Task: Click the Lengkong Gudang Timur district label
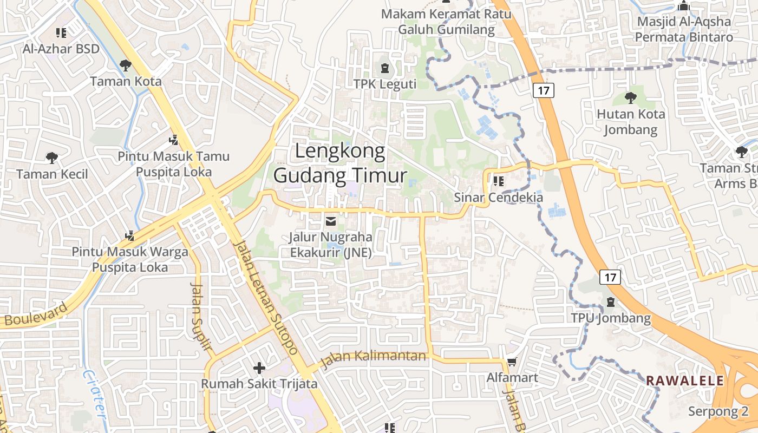pyautogui.click(x=340, y=163)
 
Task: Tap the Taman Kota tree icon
pyautogui.click(x=126, y=65)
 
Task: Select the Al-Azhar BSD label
pyautogui.click(x=61, y=49)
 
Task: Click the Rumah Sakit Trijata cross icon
pyautogui.click(x=259, y=368)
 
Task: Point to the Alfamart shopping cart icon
pyautogui.click(x=512, y=362)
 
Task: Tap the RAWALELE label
pyautogui.click(x=685, y=380)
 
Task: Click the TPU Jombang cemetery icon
pyautogui.click(x=611, y=302)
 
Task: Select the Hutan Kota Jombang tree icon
pyautogui.click(x=630, y=98)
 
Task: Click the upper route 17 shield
pyautogui.click(x=544, y=90)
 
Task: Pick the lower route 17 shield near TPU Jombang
pyautogui.click(x=610, y=278)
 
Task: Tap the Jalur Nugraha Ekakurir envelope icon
pyautogui.click(x=330, y=221)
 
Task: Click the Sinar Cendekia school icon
pyautogui.click(x=498, y=181)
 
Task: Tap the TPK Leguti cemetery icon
pyautogui.click(x=385, y=68)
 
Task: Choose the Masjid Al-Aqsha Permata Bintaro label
pyautogui.click(x=684, y=29)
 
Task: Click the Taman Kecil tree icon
pyautogui.click(x=52, y=158)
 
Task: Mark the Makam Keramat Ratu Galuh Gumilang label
pyautogui.click(x=439, y=21)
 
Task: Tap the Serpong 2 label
pyautogui.click(x=717, y=411)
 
